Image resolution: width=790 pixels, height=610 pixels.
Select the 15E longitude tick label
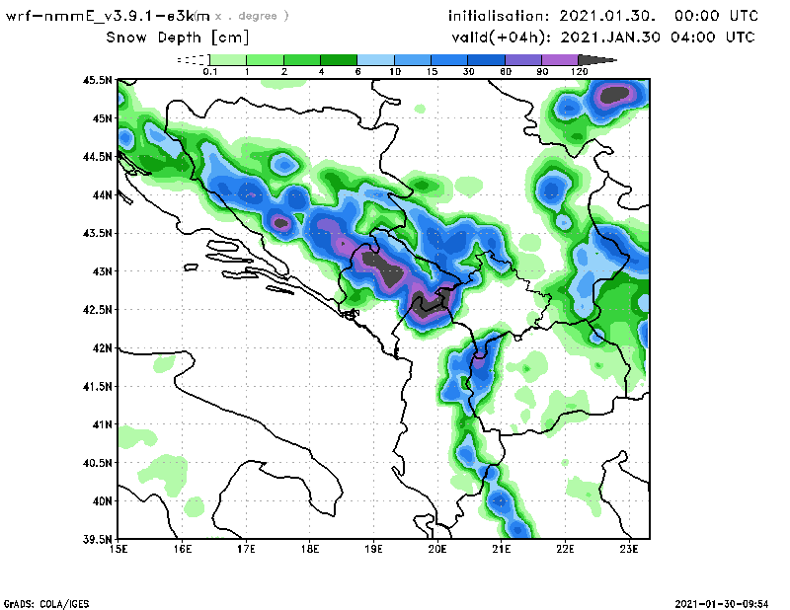(x=119, y=549)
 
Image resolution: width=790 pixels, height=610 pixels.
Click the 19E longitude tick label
(x=373, y=549)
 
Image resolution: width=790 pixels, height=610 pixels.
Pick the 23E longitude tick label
(x=628, y=549)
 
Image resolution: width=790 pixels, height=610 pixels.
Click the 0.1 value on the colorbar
(x=209, y=72)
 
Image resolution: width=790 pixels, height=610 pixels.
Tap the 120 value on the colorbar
(x=580, y=72)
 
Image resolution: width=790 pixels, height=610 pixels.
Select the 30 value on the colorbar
(x=468, y=72)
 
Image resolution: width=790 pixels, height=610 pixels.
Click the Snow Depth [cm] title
(x=178, y=38)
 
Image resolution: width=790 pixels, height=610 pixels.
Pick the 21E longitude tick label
(x=501, y=549)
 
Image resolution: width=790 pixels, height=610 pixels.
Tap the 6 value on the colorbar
(x=357, y=72)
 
